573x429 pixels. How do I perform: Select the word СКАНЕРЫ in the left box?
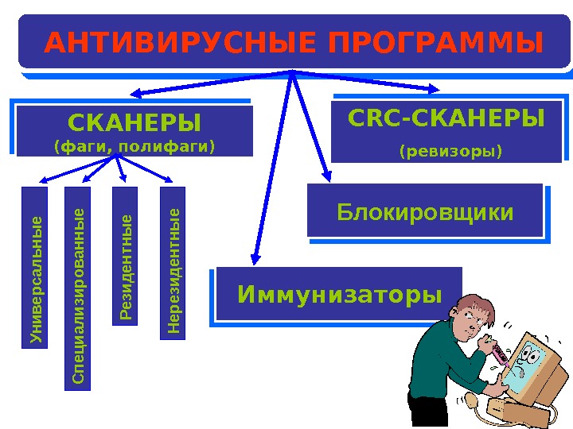134,123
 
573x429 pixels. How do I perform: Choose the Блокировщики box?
425,213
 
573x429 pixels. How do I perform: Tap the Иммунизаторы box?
339,296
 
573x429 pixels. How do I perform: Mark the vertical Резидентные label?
125,257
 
